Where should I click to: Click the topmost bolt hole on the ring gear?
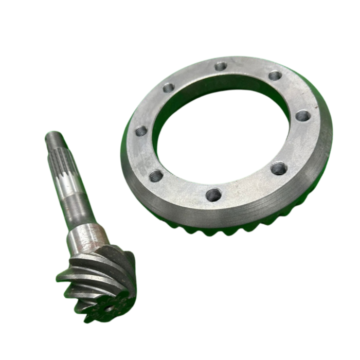pos(221,66)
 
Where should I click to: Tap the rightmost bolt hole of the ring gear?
pos(303,116)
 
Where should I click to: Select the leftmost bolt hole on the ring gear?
pos(141,131)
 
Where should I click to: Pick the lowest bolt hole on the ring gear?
pos(213,194)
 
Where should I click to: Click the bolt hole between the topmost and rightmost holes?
pos(275,76)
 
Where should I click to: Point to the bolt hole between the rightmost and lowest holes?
pos(279,168)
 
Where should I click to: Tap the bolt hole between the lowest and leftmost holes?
pos(156,176)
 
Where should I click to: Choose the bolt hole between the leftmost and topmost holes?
pos(169,87)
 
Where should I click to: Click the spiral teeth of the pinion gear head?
pos(98,278)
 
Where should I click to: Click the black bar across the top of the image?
pos(180,14)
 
